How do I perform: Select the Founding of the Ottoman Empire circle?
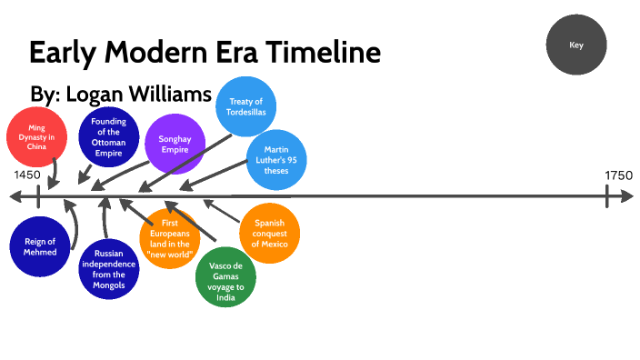click(x=108, y=138)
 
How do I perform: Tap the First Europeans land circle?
click(x=169, y=238)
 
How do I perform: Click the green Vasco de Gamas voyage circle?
click(x=225, y=277)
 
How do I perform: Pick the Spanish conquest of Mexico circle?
click(x=270, y=233)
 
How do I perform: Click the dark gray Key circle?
click(x=575, y=45)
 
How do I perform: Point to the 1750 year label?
click(x=618, y=175)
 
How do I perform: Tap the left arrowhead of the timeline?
click(x=14, y=196)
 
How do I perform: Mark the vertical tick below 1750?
click(x=608, y=196)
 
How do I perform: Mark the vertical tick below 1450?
click(x=37, y=196)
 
